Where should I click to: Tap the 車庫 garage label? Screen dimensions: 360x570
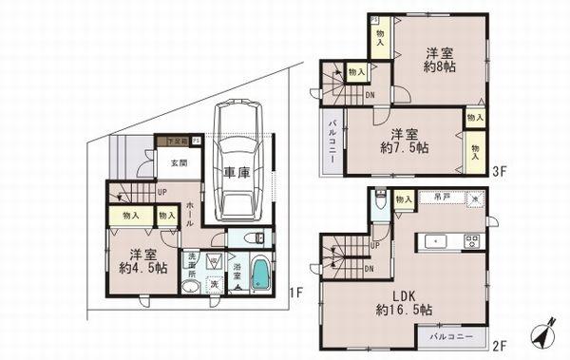tap(237, 175)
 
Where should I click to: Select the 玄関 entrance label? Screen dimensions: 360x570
tap(179, 162)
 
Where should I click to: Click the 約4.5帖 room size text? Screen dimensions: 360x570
tap(143, 268)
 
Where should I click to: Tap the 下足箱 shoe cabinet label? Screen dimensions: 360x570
tap(173, 141)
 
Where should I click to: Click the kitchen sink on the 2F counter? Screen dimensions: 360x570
tap(434, 240)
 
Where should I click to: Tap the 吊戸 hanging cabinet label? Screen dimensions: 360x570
tap(441, 198)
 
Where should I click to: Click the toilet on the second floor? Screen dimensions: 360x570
tap(380, 201)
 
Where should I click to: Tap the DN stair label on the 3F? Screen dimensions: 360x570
tap(370, 94)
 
